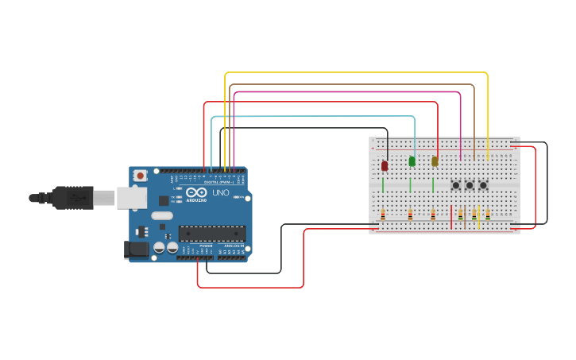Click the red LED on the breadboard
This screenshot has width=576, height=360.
[x=385, y=165]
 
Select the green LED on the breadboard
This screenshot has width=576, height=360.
[x=412, y=161]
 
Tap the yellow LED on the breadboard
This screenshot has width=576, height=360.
[x=435, y=161]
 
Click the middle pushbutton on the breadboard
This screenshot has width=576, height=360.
[x=470, y=185]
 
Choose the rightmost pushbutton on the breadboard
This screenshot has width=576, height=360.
[x=483, y=185]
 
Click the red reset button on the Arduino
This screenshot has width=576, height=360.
[x=141, y=175]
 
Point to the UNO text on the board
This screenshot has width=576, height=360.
[x=220, y=193]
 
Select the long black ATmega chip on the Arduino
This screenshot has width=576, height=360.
[x=211, y=233]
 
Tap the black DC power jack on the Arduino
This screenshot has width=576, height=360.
[x=137, y=249]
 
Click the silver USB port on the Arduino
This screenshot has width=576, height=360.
[x=131, y=198]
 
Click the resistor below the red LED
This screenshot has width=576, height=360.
[x=383, y=215]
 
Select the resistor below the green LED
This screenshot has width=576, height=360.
[x=410, y=215]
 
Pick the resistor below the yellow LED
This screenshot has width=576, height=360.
[x=433, y=215]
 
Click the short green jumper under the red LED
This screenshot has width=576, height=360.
[x=383, y=185]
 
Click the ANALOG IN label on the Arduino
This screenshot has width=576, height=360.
[x=234, y=246]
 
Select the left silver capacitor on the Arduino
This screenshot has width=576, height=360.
[x=160, y=247]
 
